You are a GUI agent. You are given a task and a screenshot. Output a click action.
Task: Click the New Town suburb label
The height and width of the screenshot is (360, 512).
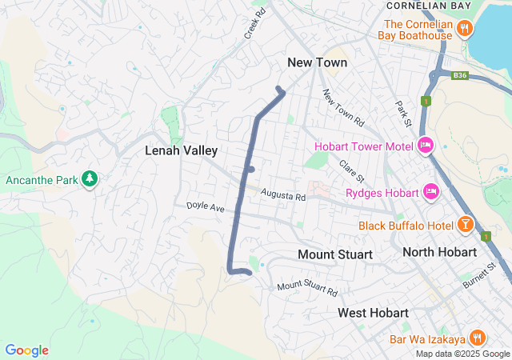coord(318,62)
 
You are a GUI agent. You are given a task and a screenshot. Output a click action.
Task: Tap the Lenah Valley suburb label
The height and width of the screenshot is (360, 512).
coord(181,150)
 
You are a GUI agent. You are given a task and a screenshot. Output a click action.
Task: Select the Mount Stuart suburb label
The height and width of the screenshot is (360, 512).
coord(334,254)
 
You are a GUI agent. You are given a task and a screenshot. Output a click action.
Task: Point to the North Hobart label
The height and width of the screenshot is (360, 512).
coord(439,252)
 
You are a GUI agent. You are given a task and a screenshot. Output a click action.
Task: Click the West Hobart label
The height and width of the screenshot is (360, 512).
coord(373,312)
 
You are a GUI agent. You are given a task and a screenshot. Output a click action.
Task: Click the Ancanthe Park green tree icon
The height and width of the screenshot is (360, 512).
coord(90,179)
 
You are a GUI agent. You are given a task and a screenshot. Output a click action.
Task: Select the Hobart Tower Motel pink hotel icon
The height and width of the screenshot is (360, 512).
coord(426,146)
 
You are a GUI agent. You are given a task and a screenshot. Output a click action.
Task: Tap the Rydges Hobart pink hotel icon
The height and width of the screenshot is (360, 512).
coord(431,192)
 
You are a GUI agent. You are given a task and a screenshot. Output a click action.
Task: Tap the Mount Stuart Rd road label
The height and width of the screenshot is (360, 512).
coord(307,288)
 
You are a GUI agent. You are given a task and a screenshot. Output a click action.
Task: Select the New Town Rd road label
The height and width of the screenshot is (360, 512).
coord(343,108)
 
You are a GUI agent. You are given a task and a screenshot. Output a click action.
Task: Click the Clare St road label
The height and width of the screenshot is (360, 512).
coord(351,170)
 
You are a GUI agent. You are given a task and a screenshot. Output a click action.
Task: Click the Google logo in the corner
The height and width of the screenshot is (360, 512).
coord(26,350)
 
